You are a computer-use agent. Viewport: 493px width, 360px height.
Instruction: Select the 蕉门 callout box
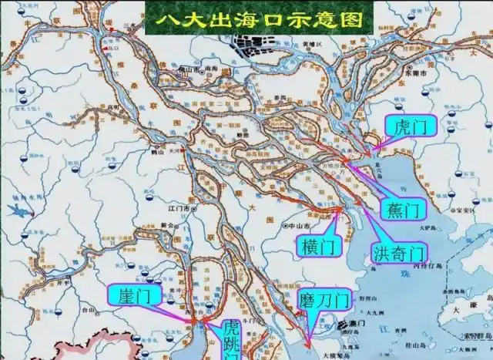tap(401, 209)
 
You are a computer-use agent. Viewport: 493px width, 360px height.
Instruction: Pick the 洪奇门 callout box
tap(398, 251)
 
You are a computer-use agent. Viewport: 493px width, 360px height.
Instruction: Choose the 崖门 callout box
tap(134, 294)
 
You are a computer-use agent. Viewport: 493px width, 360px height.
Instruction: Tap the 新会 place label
tap(166, 224)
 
